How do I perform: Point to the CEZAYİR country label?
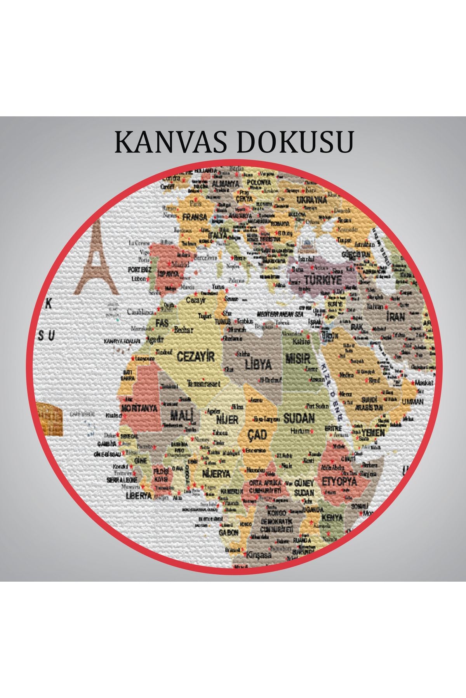pos(195,356)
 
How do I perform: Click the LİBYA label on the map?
pos(258,365)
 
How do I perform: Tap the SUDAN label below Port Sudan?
pos(299,418)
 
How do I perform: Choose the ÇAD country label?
pos(257,435)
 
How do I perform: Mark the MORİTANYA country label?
pos(139,408)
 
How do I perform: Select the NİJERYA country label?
pos(216,473)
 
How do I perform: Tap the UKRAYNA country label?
pos(312,200)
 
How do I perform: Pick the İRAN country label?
pos(395,316)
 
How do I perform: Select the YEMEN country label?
pos(373,433)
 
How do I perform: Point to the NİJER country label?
pos(227,420)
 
